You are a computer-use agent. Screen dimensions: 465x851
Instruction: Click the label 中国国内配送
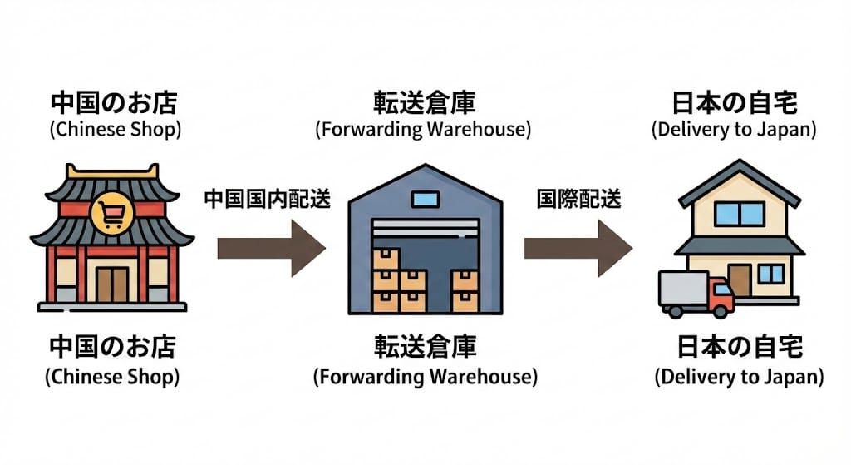[267, 200]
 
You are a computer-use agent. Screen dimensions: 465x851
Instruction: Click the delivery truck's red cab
[721, 295]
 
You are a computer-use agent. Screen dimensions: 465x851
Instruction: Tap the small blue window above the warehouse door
[425, 199]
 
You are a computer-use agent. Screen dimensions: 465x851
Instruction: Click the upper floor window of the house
[739, 214]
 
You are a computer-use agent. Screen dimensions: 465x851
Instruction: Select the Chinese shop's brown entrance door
[111, 284]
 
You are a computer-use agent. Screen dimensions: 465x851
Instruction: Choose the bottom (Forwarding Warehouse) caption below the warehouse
[425, 376]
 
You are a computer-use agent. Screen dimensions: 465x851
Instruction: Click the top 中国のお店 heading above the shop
[114, 104]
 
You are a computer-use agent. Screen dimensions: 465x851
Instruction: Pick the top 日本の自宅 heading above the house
[735, 104]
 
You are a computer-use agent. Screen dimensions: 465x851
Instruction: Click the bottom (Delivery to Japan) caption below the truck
[739, 376]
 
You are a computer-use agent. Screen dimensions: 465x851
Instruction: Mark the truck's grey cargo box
[684, 288]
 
